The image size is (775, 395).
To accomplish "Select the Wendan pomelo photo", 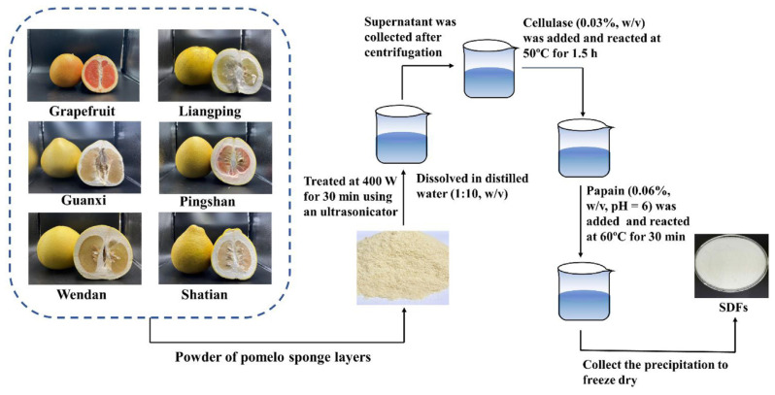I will [77, 249].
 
